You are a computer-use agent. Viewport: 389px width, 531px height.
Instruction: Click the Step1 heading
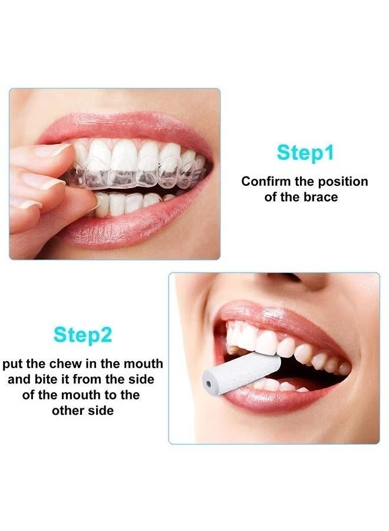(x=305, y=153)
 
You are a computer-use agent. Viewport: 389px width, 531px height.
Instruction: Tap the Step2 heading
(x=83, y=335)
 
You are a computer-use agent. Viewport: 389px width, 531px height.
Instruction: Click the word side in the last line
(x=100, y=410)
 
